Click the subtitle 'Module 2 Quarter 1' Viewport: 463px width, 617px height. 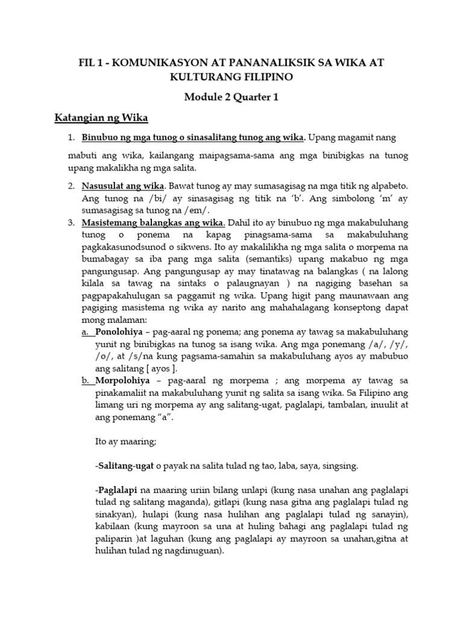click(x=231, y=96)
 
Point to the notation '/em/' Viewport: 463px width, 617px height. click(x=198, y=210)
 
